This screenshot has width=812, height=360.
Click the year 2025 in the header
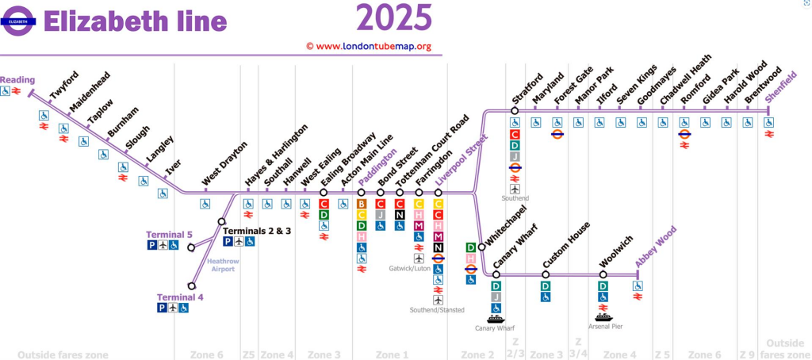point(394,17)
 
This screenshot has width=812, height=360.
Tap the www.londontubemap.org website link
point(369,46)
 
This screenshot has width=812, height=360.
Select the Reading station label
point(17,80)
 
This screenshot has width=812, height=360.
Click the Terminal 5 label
point(169,235)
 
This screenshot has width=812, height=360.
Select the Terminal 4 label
point(179,297)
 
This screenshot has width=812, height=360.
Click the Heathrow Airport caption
point(222,265)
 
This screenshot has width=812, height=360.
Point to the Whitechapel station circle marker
point(481,247)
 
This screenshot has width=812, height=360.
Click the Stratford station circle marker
point(515,111)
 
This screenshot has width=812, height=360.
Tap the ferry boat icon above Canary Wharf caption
point(496,319)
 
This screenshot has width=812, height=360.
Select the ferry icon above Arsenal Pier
point(603,317)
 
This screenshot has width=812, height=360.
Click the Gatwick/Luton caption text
point(410,269)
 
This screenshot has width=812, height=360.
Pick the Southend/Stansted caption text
point(438,310)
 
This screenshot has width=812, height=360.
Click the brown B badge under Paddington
point(362,204)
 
